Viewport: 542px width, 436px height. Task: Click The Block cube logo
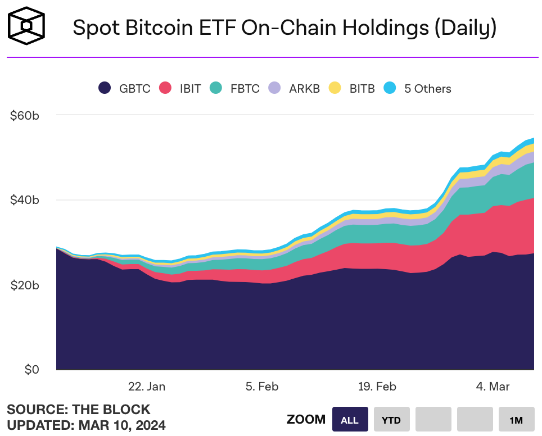(x=26, y=26)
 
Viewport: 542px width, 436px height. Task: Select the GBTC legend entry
(x=124, y=88)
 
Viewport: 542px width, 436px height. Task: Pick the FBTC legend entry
(x=234, y=88)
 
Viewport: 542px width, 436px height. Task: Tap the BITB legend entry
(x=352, y=88)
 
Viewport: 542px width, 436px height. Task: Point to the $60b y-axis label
(x=24, y=116)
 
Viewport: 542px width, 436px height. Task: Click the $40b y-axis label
(x=24, y=201)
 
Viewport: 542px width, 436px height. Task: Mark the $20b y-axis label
(x=24, y=285)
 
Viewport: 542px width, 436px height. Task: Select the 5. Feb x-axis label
(x=262, y=387)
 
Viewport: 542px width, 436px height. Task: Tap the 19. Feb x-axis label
(x=377, y=387)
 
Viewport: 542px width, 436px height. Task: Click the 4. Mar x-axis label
(x=493, y=387)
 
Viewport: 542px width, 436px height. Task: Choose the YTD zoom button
(x=391, y=420)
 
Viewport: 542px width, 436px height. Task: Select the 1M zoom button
(x=516, y=420)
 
